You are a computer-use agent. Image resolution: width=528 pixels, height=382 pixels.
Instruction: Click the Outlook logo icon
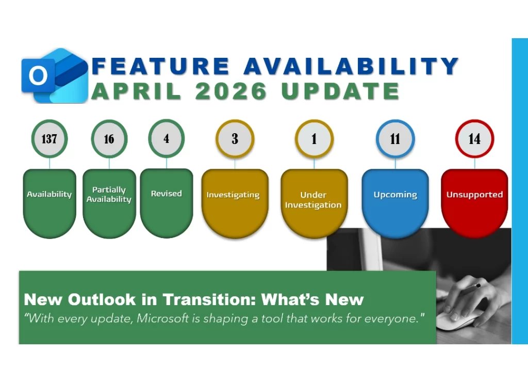[x=54, y=76]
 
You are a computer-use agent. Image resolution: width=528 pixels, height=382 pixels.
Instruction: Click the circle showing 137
[x=49, y=139]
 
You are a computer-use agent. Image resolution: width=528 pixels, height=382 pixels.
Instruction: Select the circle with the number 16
[x=109, y=139]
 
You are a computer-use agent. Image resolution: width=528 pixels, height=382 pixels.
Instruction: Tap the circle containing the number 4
[x=166, y=139]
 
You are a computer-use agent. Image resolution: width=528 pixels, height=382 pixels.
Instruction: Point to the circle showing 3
[x=235, y=139]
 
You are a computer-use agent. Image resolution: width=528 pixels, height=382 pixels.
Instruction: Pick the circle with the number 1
[x=314, y=139]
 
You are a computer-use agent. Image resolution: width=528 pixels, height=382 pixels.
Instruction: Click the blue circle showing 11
[x=395, y=139]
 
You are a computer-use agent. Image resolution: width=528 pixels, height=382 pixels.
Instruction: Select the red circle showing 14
[x=474, y=139]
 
